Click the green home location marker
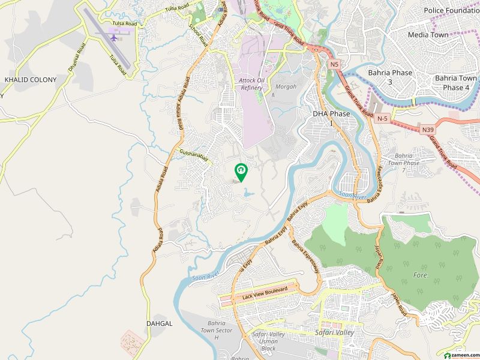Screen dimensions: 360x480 (241, 172)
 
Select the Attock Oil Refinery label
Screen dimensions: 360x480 (251, 83)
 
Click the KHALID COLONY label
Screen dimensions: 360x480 (31, 79)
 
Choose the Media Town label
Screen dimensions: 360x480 (428, 35)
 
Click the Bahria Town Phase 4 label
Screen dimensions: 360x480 (455, 83)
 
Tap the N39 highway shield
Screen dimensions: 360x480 (428, 130)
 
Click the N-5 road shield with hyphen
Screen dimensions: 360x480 (382, 119)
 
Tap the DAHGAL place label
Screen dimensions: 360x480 (159, 323)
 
